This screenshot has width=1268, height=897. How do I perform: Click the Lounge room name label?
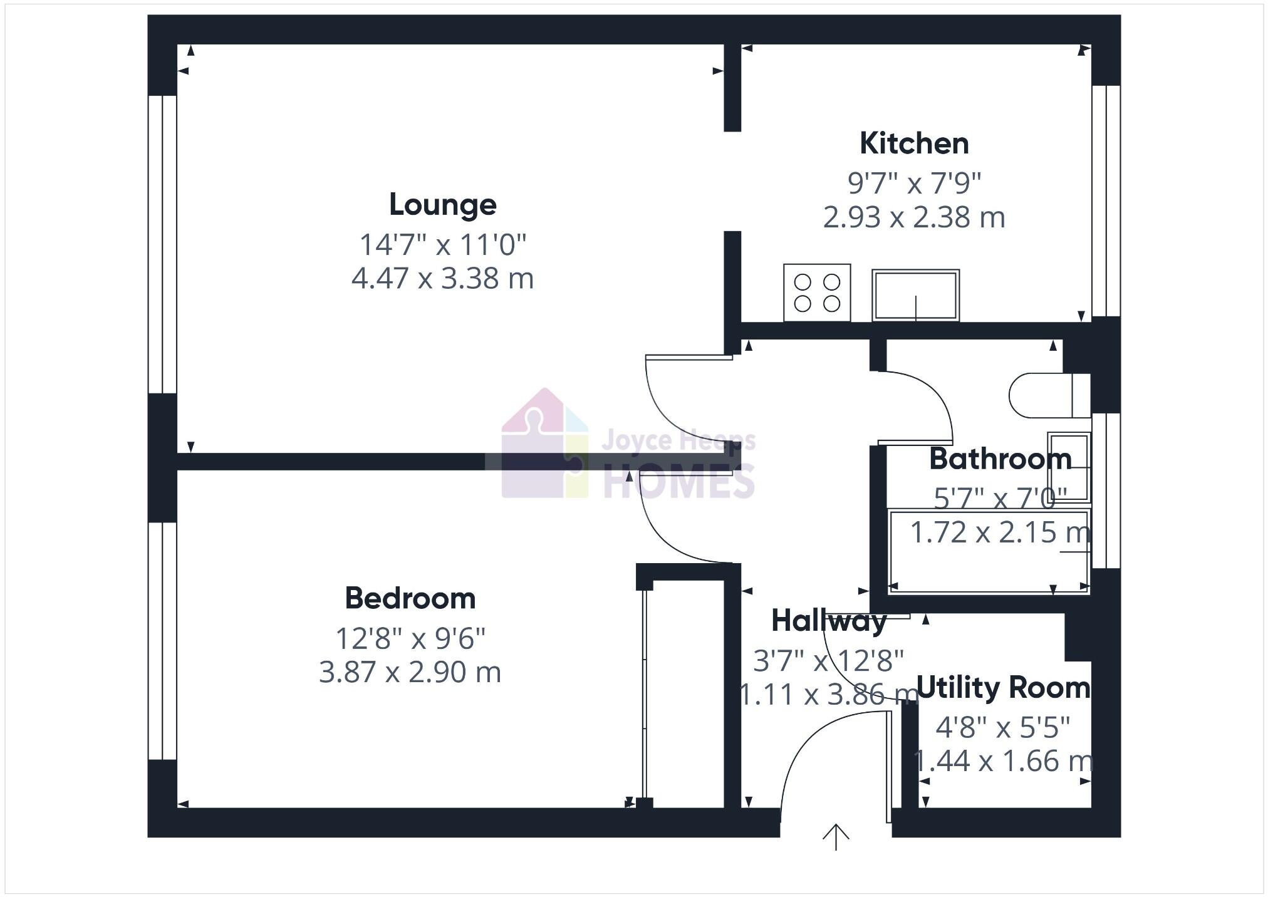pos(442,205)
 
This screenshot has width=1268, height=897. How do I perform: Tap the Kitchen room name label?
pos(914,144)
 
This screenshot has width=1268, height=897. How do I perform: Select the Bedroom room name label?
pos(410,598)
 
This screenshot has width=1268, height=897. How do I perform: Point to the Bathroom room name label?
pos(1000,459)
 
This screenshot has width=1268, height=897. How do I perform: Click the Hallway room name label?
pos(828,621)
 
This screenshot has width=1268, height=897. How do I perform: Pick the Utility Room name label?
pos(1002,688)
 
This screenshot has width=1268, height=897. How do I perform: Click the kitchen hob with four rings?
pos(817,293)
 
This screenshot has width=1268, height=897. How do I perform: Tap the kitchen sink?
pos(915,295)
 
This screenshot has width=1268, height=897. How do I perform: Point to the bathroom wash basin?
pos(1069,467)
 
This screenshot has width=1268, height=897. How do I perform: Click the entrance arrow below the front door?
pos(836,837)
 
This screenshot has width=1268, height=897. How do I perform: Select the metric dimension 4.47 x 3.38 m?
pos(442,279)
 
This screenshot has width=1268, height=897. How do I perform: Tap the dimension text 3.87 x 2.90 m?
pos(410,673)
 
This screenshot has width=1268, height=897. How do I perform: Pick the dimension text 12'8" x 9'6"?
pos(410,639)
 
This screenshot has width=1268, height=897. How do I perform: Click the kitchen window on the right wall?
pos(1106,200)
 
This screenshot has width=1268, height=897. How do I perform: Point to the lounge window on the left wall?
pos(162,244)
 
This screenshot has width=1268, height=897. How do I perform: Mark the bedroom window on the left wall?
pos(162,641)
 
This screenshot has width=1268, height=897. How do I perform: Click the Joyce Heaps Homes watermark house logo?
pos(545,445)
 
